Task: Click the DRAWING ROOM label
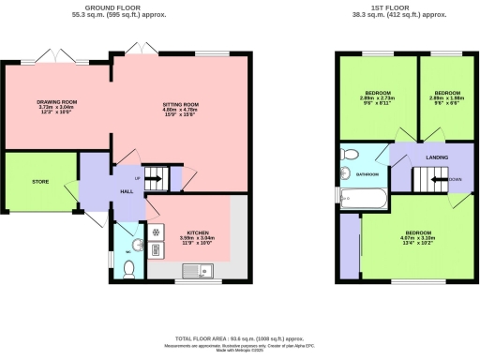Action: (x=56, y=101)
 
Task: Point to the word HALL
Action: (x=126, y=191)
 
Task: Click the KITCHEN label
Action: (x=197, y=232)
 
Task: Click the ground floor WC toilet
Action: (x=130, y=268)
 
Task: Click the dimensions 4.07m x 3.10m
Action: (x=418, y=237)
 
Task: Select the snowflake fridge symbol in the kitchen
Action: (x=155, y=230)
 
